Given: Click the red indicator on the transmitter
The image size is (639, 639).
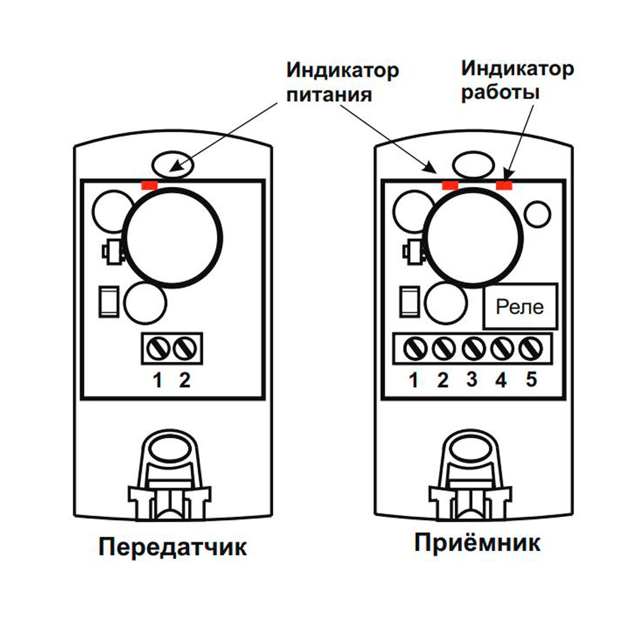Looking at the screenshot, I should click(x=149, y=185).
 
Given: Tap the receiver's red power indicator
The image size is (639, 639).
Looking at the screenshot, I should click(x=450, y=185).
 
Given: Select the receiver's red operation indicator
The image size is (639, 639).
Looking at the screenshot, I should click(x=504, y=185).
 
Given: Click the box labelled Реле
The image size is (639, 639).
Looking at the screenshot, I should click(x=520, y=307).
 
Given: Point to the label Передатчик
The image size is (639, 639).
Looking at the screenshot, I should click(x=172, y=547).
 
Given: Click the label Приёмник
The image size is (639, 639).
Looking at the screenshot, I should click(x=477, y=543).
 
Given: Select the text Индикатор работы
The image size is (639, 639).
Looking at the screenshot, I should click(x=518, y=79).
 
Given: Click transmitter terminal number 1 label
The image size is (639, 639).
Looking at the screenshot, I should click(x=157, y=381).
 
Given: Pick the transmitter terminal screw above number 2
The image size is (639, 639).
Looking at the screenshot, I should click(x=185, y=349).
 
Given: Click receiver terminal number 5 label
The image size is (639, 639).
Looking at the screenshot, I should click(x=531, y=380).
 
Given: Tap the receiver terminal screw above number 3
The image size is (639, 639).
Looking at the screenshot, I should click(x=472, y=349).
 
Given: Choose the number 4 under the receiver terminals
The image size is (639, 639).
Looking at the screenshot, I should click(x=501, y=380).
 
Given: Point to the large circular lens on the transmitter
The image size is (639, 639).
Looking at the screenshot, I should click(x=174, y=236).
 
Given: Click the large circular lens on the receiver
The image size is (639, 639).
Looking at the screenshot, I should click(x=473, y=236).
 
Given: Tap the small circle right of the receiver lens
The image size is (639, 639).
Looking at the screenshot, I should click(x=537, y=213).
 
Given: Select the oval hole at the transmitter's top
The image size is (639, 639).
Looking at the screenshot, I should click(x=173, y=162).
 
